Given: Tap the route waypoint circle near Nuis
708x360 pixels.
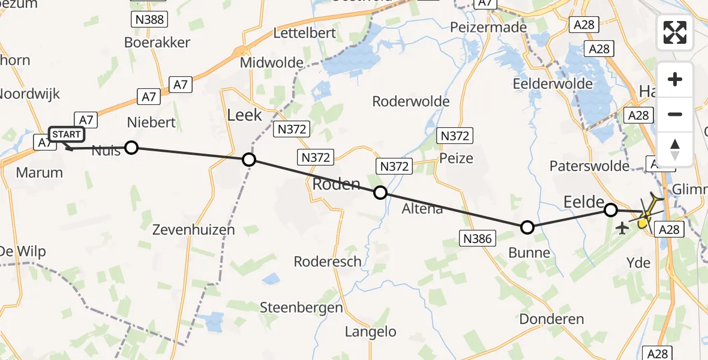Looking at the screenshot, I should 131,148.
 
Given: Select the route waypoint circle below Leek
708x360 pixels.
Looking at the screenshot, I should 249,160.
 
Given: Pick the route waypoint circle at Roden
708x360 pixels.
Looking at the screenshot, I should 380,193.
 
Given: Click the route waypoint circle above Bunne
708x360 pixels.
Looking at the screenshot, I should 527,227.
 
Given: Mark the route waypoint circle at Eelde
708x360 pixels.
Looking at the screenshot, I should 611,210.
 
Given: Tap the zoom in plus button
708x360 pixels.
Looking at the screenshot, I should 675,80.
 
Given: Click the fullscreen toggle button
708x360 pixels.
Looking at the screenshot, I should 675,32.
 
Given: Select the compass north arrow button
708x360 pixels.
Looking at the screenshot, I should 675,149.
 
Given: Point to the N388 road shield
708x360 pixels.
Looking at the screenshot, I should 148,20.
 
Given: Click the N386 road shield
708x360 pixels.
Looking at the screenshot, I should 478,239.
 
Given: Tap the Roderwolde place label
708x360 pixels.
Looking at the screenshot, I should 411,101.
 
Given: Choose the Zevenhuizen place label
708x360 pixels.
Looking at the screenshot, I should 193,229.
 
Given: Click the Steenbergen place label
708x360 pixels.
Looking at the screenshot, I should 301,308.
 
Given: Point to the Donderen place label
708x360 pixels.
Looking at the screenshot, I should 551,319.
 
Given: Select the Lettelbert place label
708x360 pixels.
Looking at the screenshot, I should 304,33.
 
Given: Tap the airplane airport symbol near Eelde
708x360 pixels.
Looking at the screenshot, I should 622,228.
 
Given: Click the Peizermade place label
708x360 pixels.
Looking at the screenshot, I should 488,27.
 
